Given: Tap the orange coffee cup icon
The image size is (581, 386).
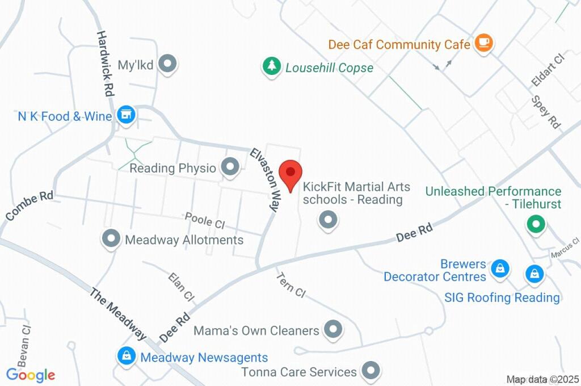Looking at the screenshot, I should point(483,43).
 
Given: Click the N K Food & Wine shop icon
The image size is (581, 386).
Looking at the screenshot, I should point(126,115).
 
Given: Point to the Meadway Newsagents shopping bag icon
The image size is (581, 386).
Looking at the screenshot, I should point(126,356).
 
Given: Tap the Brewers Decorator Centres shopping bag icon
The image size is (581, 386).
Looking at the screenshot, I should point(500,268).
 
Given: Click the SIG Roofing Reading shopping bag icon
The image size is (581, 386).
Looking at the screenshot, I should point(534,275).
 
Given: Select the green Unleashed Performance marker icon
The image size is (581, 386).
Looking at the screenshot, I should point(534,225).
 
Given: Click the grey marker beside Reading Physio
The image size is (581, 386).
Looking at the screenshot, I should point(230,167).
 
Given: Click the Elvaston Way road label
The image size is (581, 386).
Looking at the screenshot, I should point(266,180).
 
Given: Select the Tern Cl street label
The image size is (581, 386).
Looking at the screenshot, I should point(290,285).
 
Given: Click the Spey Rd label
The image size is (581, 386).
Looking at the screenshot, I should point(546,112).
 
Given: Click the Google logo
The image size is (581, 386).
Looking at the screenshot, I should point(31,375).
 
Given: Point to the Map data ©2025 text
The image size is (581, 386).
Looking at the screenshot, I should point(542,379).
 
